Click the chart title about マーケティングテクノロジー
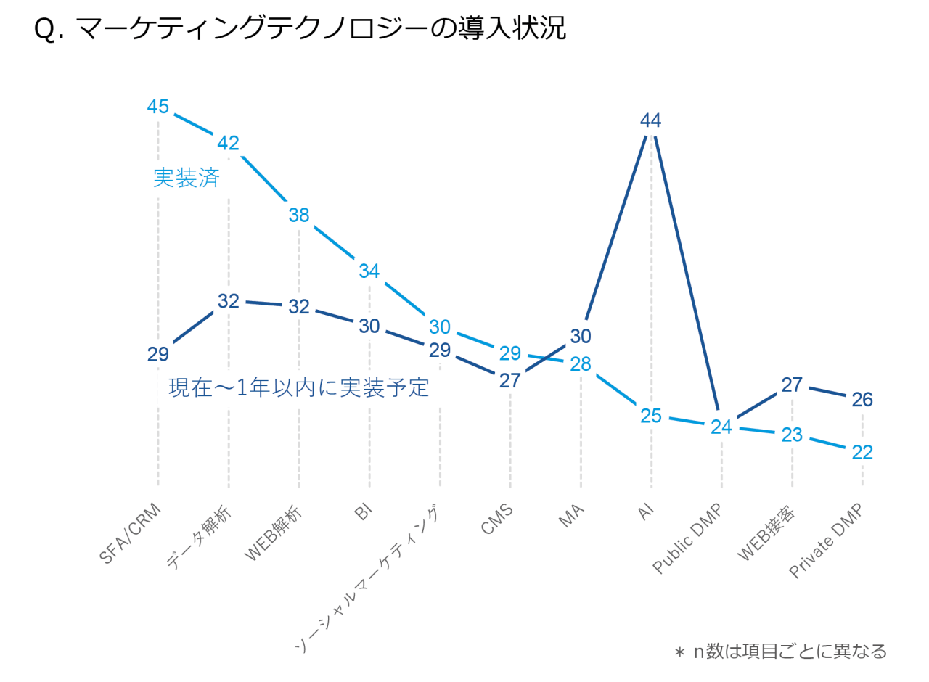click(x=299, y=30)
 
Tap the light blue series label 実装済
click(x=187, y=178)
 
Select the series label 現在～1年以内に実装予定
click(x=298, y=387)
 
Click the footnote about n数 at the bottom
click(x=780, y=651)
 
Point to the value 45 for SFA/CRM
click(x=158, y=107)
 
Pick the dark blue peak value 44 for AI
click(x=650, y=120)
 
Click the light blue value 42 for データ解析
click(x=228, y=142)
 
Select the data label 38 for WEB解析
click(x=299, y=215)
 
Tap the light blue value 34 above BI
click(x=369, y=271)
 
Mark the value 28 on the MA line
click(x=581, y=364)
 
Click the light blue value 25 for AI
click(x=650, y=416)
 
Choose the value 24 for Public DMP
click(x=721, y=427)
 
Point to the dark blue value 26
click(x=862, y=400)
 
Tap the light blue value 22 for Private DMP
click(x=862, y=452)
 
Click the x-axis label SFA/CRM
click(x=131, y=534)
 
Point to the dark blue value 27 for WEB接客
click(x=792, y=385)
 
